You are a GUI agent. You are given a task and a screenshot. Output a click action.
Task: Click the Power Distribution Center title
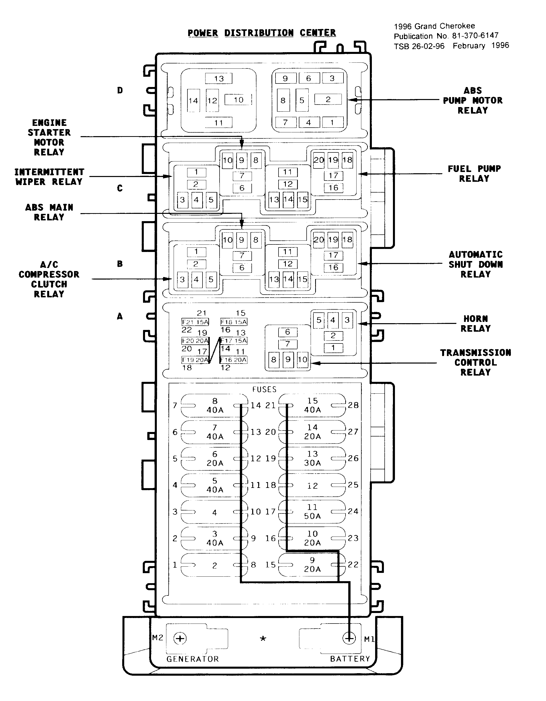point(261,33)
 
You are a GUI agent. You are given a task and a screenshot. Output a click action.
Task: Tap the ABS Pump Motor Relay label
point(472,101)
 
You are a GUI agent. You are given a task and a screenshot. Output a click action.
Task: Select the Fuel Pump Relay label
point(474,174)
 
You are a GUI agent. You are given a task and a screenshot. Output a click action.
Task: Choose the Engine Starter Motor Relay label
point(49,137)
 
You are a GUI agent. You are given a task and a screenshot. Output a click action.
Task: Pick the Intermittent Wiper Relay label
point(49,177)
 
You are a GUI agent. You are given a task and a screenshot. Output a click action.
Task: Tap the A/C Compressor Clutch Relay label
point(49,279)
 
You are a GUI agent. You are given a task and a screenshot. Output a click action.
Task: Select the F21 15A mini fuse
point(195,322)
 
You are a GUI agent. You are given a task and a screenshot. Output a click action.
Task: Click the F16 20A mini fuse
point(234,360)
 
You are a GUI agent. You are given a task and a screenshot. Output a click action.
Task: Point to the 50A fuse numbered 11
point(312,512)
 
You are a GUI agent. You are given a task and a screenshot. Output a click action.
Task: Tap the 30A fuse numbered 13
point(312,458)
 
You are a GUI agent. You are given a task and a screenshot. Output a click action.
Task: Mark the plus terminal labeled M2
point(180,638)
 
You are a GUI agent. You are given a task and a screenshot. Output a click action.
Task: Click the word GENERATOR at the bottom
point(193,659)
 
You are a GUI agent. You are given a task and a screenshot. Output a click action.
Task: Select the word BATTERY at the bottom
point(350,659)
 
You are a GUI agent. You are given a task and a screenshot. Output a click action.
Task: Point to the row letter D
point(120,91)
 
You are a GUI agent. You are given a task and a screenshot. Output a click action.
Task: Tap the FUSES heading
point(264,389)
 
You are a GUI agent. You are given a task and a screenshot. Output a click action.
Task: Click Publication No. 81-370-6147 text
point(446,36)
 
